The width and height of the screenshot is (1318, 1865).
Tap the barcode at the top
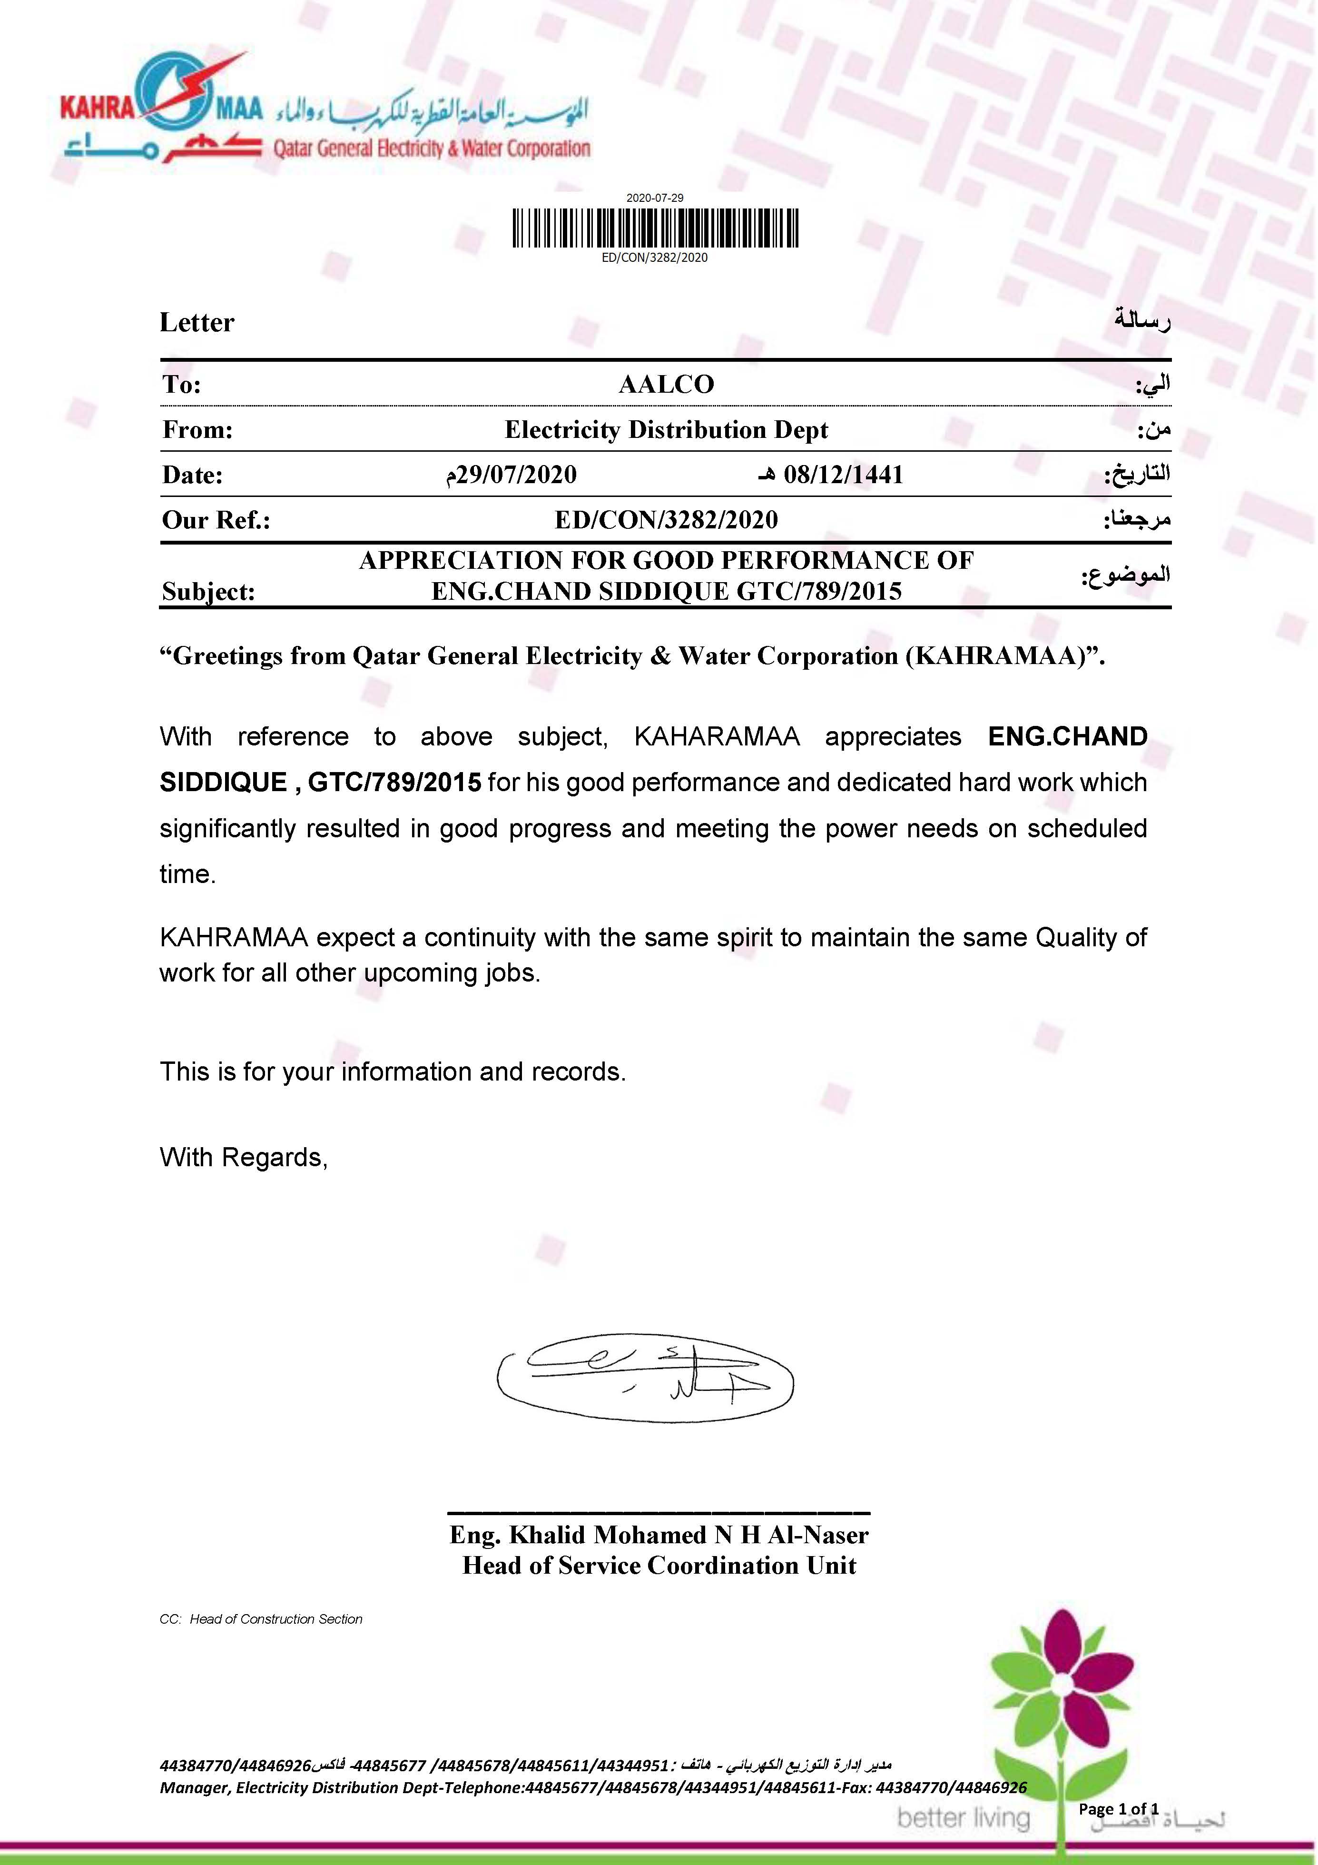(655, 228)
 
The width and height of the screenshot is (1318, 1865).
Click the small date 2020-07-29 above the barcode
(655, 198)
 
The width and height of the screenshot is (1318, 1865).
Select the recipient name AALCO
(666, 384)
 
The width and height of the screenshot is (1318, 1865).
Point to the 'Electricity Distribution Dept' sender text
(666, 430)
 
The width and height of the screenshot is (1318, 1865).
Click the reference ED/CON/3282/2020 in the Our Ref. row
(666, 520)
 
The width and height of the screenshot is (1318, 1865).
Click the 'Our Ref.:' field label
(216, 520)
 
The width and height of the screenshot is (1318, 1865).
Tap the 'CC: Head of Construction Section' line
(261, 1619)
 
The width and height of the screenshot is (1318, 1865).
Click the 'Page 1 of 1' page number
(1118, 1809)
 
